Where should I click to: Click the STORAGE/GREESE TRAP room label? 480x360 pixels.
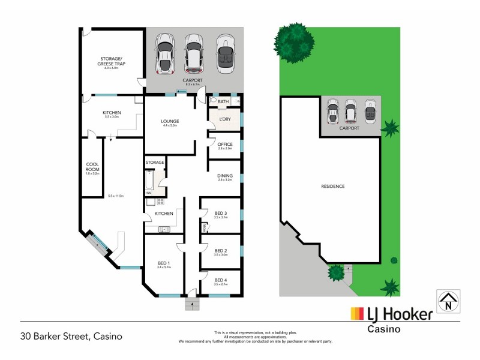pos(112,61)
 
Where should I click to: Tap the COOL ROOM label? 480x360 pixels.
pos(92,165)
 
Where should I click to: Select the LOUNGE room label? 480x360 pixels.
pos(170,122)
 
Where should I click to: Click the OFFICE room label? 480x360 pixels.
pos(224,143)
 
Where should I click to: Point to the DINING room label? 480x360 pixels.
pos(224,176)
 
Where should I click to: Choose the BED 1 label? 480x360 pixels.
pos(164,263)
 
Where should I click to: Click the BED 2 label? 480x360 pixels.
pos(221,251)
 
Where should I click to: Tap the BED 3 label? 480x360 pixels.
pos(221,214)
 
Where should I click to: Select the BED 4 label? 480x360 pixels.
pos(221,280)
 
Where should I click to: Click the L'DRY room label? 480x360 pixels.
pos(225,119)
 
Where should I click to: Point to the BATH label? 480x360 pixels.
pos(224,102)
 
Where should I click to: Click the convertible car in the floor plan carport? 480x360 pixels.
pos(224,55)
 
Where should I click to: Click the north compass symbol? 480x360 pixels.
pos(447,301)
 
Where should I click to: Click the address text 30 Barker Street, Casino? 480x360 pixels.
pos(71,336)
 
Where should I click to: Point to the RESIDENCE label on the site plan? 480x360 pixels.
pos(332,186)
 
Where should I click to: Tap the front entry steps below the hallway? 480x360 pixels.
pos(192,303)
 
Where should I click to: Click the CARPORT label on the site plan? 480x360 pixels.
pos(349,128)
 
